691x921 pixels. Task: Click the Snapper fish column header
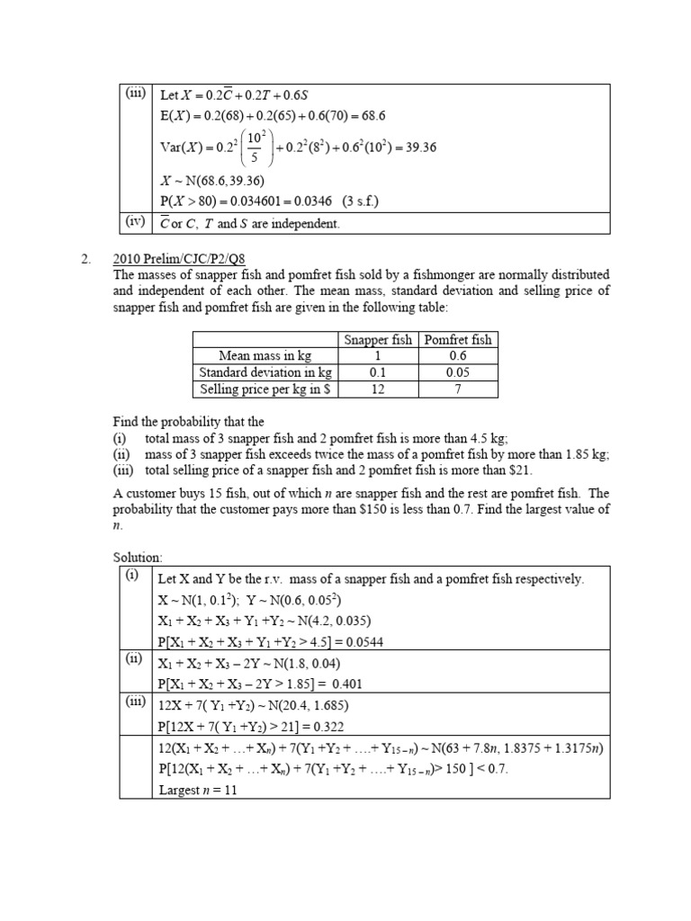point(377,340)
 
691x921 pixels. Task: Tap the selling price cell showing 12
point(377,389)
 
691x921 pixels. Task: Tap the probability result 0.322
point(324,727)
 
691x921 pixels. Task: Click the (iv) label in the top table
point(136,222)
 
